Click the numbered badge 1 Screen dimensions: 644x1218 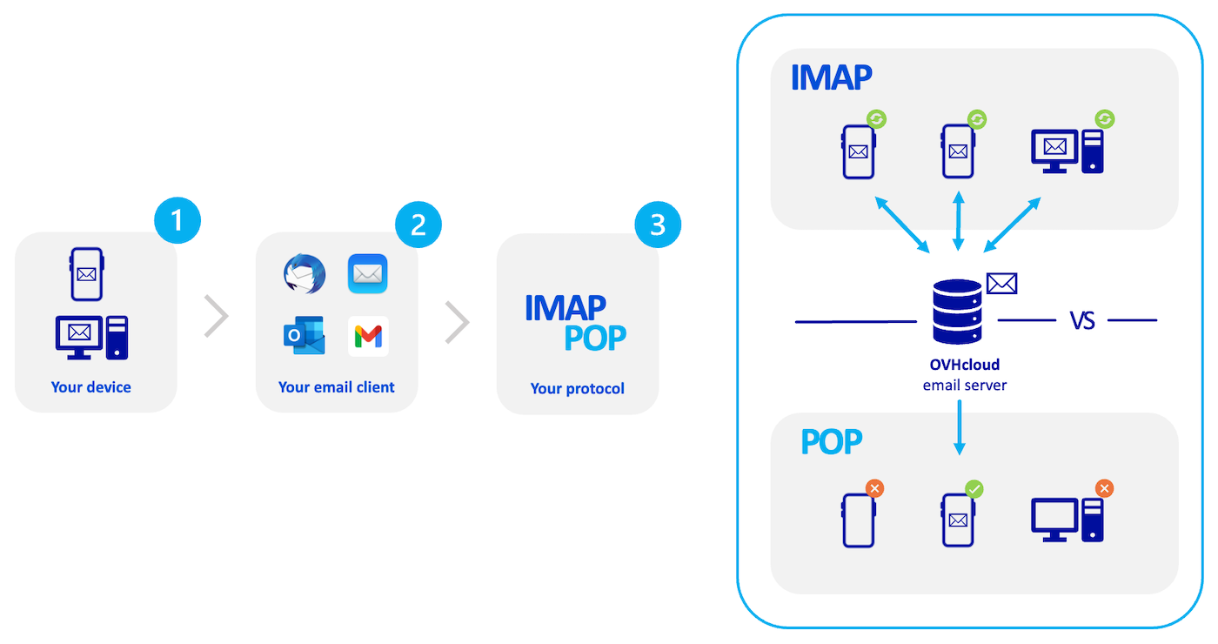click(x=177, y=220)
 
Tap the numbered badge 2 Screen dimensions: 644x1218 click(x=418, y=225)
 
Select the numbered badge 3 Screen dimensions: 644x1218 click(x=658, y=225)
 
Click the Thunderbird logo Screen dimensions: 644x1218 click(x=304, y=274)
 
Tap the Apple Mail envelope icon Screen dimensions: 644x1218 click(x=368, y=274)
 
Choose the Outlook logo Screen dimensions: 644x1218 click(x=304, y=336)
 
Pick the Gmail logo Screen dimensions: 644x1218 click(x=368, y=336)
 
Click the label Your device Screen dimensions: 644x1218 click(x=91, y=387)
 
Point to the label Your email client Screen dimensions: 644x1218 click(x=337, y=387)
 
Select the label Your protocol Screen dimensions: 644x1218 click(x=578, y=388)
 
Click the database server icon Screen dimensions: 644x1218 click(x=956, y=316)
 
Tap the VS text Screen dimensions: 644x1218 click(x=1081, y=321)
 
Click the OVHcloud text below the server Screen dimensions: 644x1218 click(x=964, y=366)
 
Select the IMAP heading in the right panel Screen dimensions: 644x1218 click(x=831, y=77)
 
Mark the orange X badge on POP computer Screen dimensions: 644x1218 click(x=1104, y=489)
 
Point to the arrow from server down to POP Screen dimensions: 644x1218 click(x=960, y=427)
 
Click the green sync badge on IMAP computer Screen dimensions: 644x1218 click(x=1104, y=118)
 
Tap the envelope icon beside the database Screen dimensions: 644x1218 click(x=1001, y=283)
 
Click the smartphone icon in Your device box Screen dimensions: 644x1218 click(x=87, y=274)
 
